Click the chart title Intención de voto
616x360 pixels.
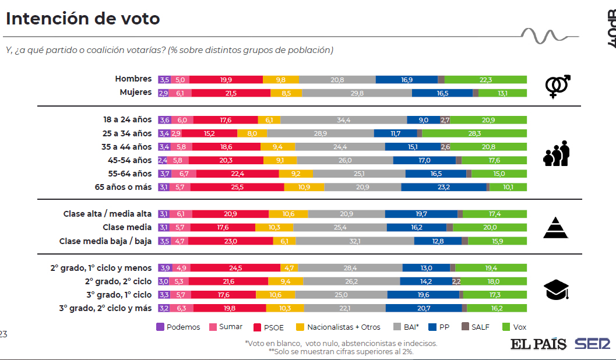83,19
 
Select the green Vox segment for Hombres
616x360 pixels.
485,79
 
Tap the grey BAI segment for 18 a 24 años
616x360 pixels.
344,120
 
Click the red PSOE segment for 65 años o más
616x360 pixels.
237,187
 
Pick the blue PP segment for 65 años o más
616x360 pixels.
443,187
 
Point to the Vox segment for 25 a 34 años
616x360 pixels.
474,133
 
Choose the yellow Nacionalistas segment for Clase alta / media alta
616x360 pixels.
288,214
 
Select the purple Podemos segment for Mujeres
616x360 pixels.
163,93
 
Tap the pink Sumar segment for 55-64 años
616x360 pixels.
184,174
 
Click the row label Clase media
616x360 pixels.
127,228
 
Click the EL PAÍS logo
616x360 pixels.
539,344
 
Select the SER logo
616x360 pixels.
593,344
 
